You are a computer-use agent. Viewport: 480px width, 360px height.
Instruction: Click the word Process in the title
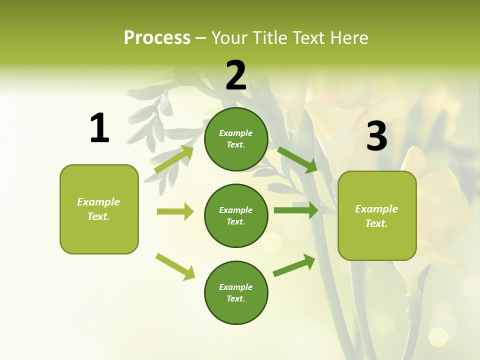tap(157, 37)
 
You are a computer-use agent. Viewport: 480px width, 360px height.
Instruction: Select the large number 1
tap(99, 128)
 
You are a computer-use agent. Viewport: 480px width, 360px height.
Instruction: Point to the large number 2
tap(236, 75)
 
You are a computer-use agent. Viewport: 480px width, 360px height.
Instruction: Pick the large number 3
tap(377, 136)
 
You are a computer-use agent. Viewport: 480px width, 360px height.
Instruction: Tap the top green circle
tap(236, 139)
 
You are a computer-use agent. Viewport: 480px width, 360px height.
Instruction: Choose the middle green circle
tap(236, 215)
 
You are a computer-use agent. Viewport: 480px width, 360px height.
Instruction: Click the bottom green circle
tap(236, 292)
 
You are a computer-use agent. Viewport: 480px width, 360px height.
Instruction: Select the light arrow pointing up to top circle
tap(174, 159)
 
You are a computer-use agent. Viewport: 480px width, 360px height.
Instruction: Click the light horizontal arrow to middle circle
tap(175, 211)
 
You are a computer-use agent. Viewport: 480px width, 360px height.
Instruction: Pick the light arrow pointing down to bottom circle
tap(175, 266)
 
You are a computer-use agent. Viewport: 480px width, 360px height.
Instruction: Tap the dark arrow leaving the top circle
tap(297, 159)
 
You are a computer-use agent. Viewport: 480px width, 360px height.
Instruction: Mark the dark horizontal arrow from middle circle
tap(296, 210)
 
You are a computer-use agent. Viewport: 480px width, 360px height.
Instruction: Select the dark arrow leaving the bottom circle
tap(294, 265)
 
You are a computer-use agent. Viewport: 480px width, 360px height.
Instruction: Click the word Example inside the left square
tap(98, 202)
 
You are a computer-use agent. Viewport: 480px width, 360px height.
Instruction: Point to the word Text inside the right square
tap(376, 223)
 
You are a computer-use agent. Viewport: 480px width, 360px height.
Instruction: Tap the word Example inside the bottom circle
tap(235, 287)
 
